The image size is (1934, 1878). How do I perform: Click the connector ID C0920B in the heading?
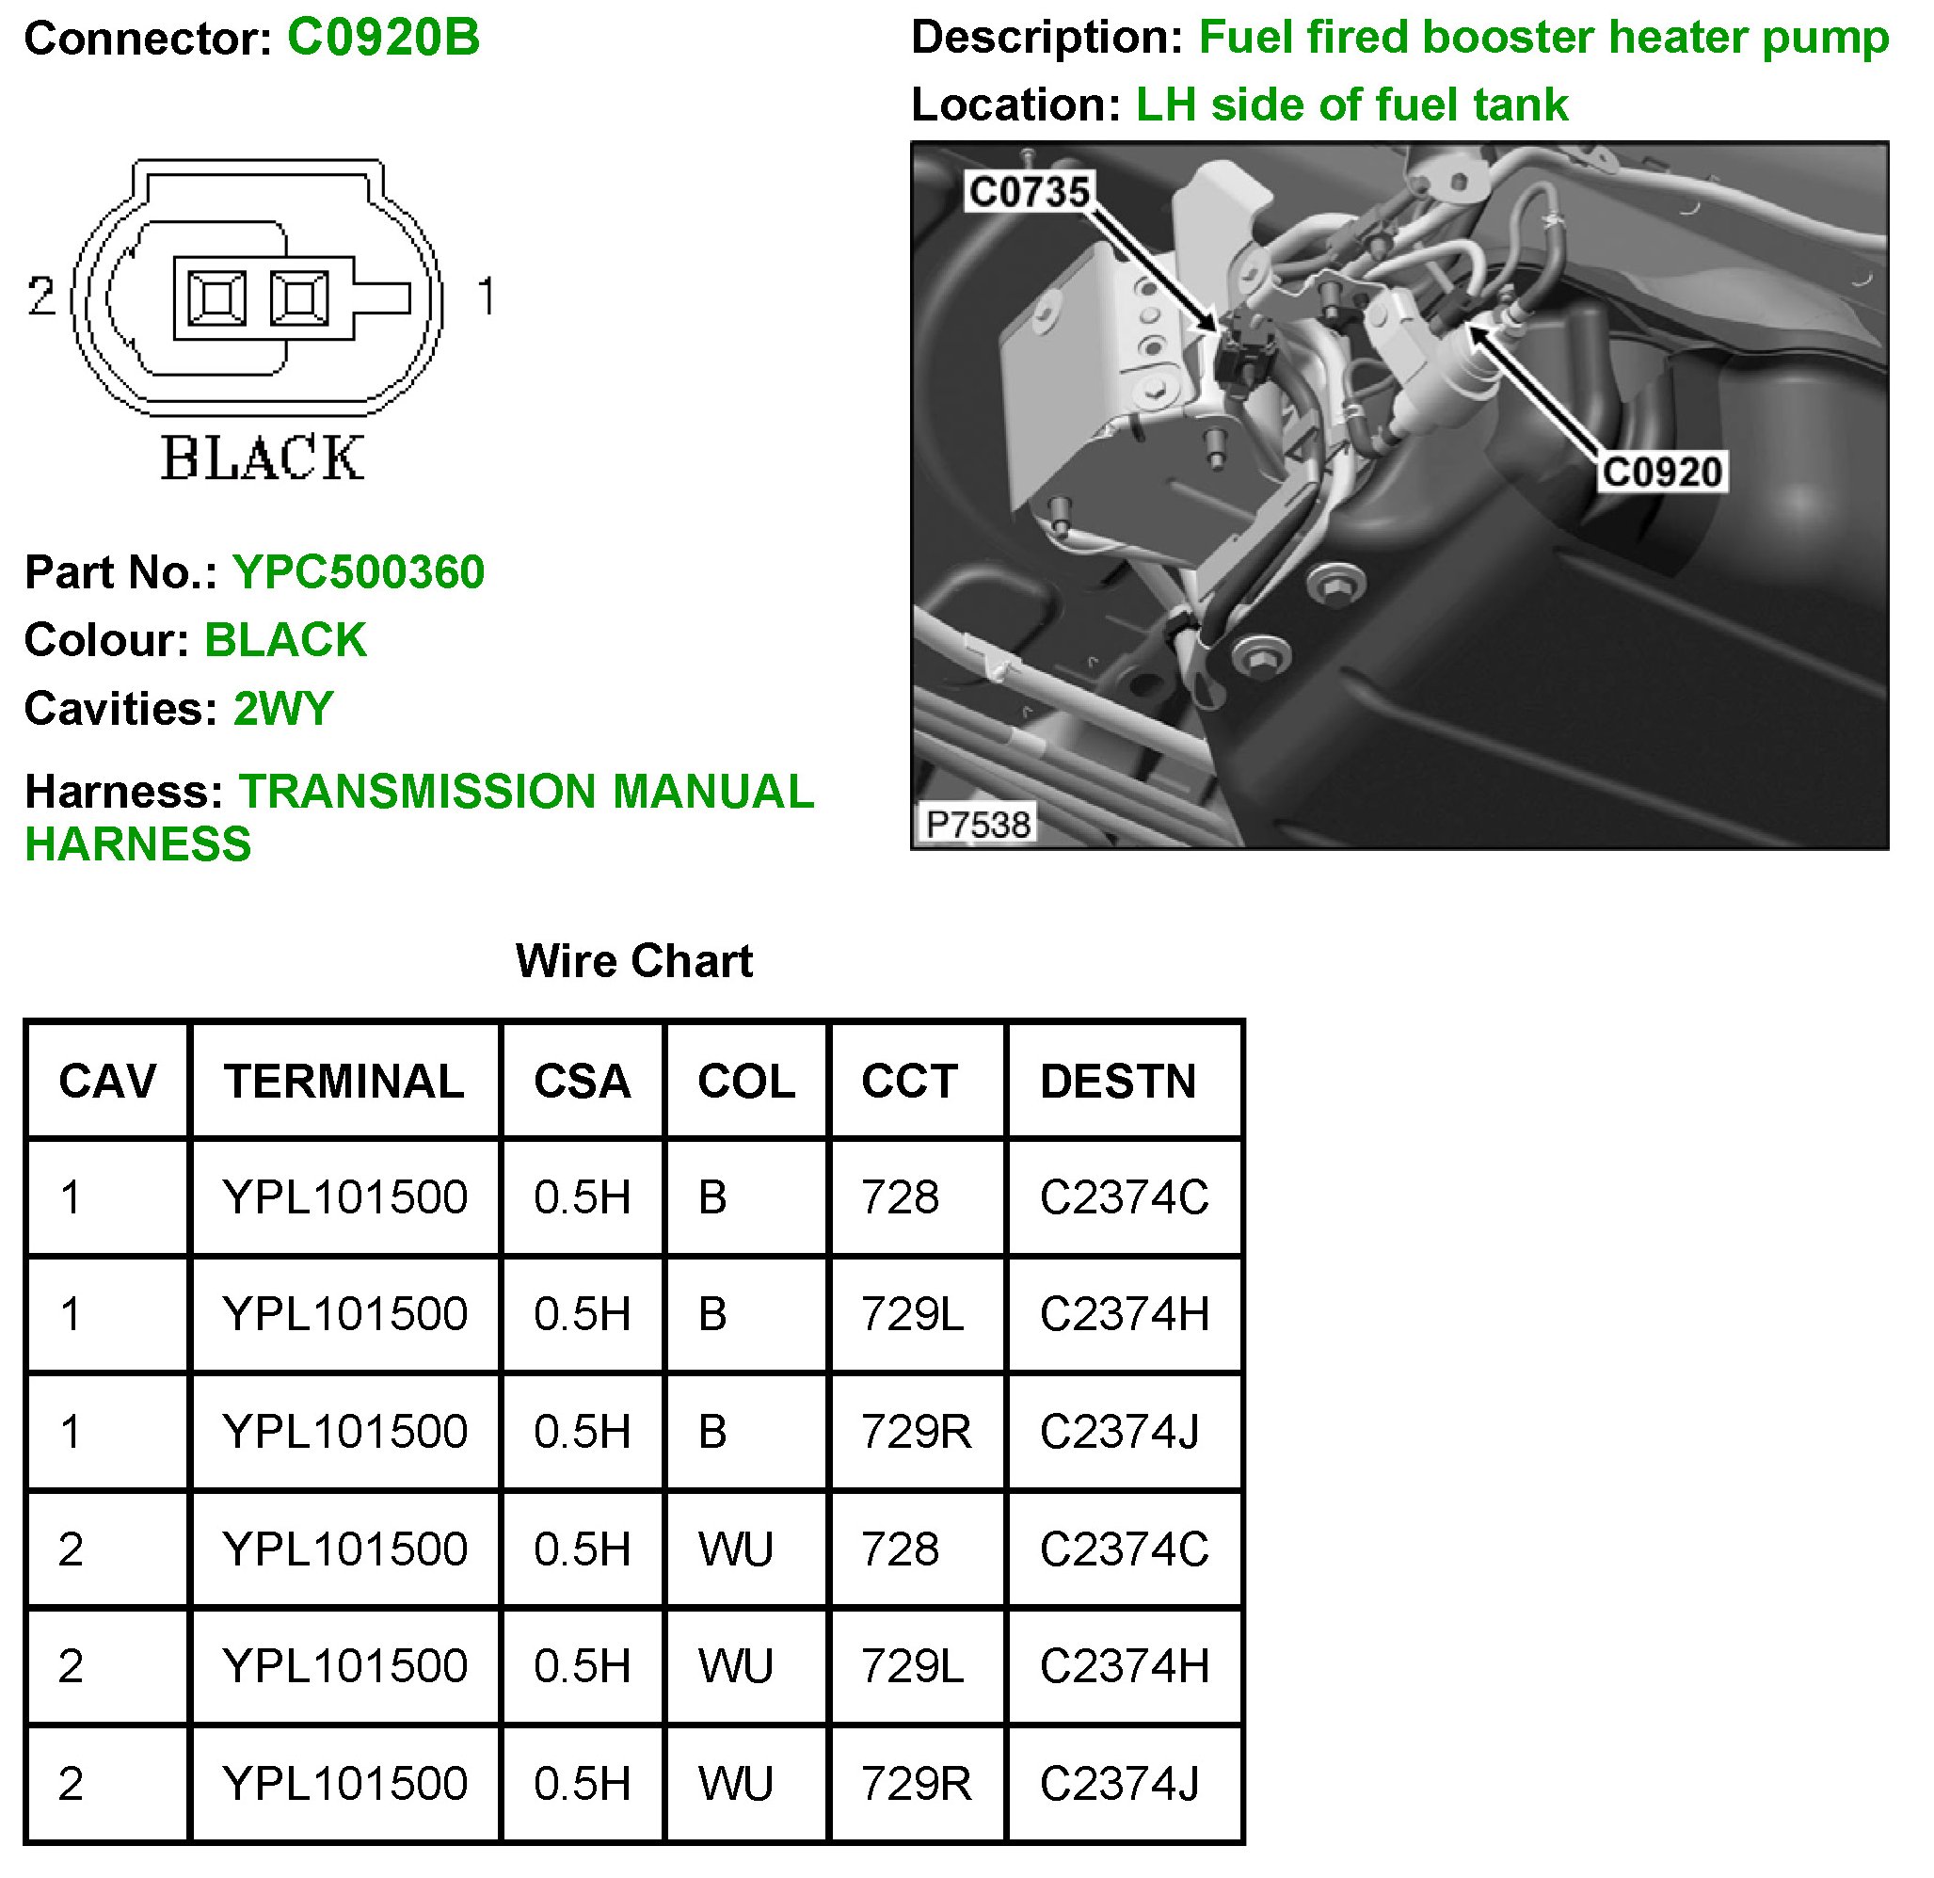pos(383,39)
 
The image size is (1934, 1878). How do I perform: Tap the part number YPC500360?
pos(359,572)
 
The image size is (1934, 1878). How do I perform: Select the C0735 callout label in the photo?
pos(1030,191)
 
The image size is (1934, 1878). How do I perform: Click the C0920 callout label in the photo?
pos(1662,472)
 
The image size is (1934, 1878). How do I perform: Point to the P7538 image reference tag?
pos(978,824)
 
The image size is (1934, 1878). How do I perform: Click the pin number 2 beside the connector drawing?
pos(41,297)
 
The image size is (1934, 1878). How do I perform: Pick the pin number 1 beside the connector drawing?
pos(486,297)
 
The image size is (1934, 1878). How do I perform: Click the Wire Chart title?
pos(633,961)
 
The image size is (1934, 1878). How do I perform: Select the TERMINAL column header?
pos(344,1082)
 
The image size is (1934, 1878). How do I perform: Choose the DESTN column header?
pos(1118,1082)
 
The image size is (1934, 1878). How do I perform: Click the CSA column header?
pos(583,1082)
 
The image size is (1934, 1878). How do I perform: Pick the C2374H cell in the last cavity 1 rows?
pos(1124,1314)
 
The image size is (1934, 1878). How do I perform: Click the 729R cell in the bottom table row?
pos(916,1783)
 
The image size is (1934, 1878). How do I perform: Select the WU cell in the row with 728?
pos(736,1549)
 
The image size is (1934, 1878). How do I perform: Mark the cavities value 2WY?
pos(283,709)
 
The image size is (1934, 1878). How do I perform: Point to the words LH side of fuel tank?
pos(1351,104)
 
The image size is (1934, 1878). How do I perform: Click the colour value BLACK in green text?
pos(285,640)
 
